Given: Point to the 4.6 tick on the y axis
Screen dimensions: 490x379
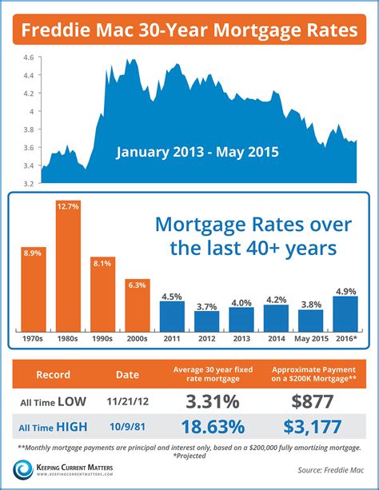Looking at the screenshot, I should pos(27,58).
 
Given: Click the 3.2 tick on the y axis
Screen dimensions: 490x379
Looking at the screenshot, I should pos(27,184).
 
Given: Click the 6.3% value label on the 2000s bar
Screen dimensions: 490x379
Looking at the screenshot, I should pos(138,284).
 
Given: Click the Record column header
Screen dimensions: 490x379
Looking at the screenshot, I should pos(53,373).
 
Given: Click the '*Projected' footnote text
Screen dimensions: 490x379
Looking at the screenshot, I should pos(189,456).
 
